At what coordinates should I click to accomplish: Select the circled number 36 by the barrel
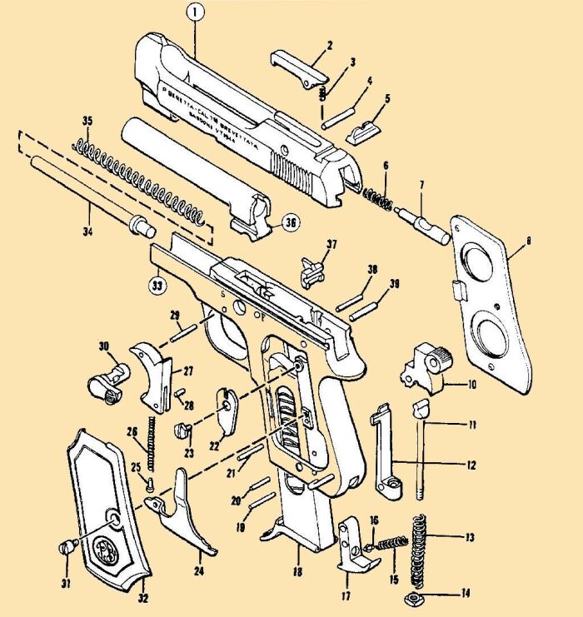coord(289,222)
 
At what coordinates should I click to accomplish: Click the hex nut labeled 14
coord(411,600)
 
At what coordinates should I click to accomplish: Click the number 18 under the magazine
coord(297,573)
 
